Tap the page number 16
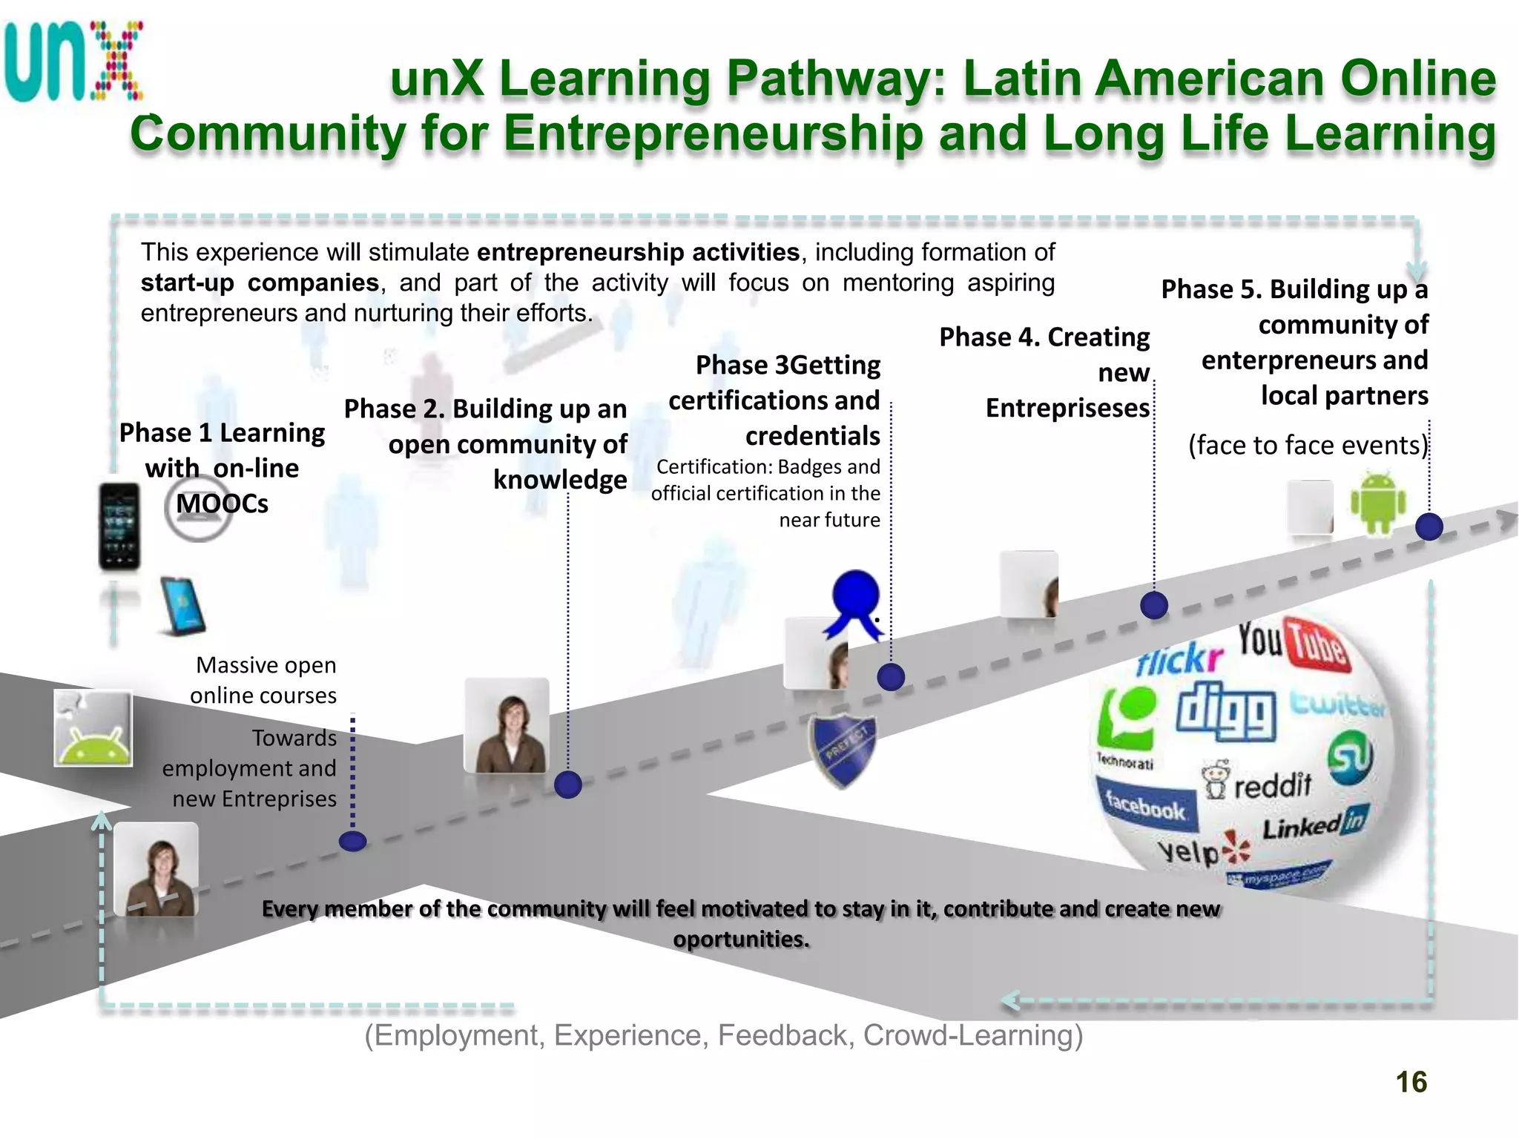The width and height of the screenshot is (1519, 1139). coord(1411,1082)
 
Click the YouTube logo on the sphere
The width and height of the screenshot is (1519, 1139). coord(1292,642)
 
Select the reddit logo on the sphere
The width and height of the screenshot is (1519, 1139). coord(1258,783)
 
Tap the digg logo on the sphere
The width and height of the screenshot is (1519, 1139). coord(1225,710)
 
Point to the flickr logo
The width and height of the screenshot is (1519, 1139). coord(1179,656)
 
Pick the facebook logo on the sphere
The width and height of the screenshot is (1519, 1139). coord(1145,805)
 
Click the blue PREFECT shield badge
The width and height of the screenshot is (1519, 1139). coord(843,750)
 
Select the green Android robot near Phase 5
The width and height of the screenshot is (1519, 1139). coord(1377,503)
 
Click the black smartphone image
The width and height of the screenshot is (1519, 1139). coord(119,526)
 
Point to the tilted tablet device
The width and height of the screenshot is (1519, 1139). coord(182,605)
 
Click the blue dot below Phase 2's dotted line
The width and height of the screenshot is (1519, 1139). coord(568,784)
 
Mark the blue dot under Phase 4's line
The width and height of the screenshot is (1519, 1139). coord(1154,605)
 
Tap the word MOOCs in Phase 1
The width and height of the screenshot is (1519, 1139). coord(222,504)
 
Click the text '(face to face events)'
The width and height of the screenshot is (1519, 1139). coord(1308,445)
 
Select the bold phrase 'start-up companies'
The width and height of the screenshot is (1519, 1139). coord(260,283)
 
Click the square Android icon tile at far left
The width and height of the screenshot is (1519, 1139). coord(93,728)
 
